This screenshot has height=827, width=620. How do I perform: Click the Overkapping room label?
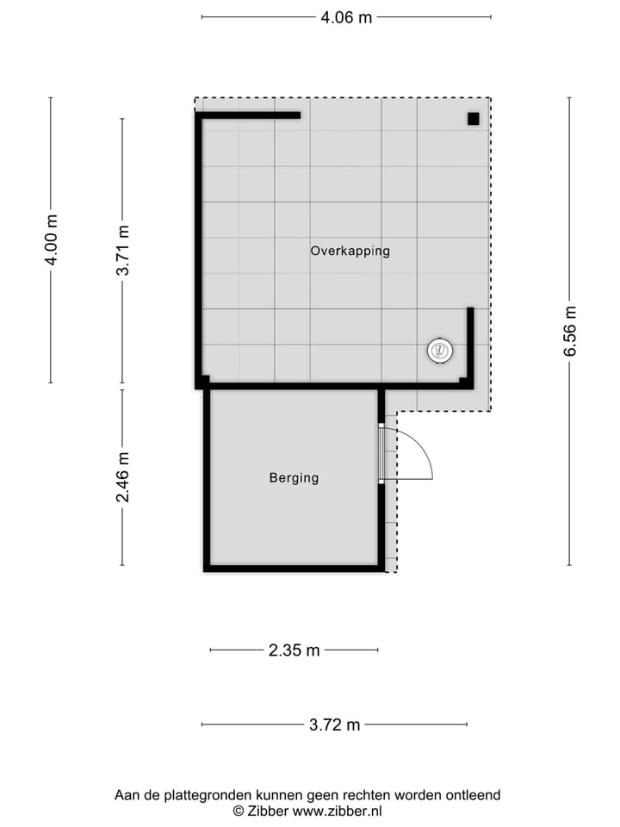coord(350,252)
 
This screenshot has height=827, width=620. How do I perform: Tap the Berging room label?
coord(294,478)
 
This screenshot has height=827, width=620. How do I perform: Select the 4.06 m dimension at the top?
coord(346,17)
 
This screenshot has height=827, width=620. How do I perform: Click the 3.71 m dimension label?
coord(124,250)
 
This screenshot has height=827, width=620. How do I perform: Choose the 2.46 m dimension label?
coord(124,477)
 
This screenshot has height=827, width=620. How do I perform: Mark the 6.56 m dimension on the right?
coord(570,331)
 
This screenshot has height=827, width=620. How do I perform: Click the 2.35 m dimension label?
coord(294,650)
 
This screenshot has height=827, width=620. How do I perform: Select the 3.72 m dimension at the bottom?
coord(334,724)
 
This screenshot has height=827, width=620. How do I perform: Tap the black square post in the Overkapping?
coord(473,119)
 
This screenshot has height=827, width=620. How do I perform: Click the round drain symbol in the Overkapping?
coord(439,351)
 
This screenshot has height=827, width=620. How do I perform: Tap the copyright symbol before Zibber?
coord(239,811)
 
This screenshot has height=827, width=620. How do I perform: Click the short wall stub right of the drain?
coord(470,345)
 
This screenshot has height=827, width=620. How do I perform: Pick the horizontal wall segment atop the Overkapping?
coord(250,115)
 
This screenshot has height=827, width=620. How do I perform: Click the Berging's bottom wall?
coord(294,569)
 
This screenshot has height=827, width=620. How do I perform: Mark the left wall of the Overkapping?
coord(199,250)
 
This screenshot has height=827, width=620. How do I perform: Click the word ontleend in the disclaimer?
coord(473,796)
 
